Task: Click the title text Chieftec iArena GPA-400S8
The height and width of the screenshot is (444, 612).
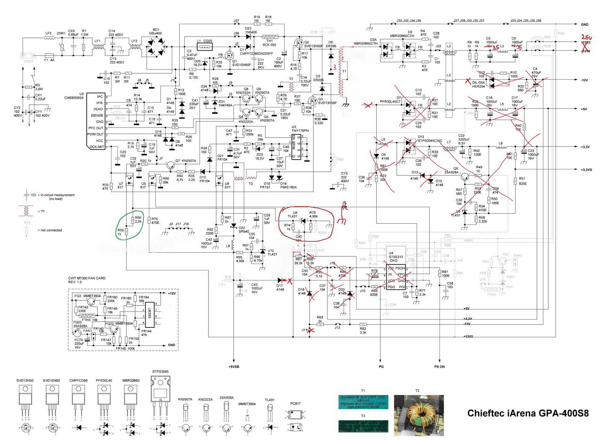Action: tap(528, 413)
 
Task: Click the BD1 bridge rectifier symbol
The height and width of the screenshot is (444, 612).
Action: tap(156, 47)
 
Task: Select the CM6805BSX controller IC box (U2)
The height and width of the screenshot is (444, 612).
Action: tap(96, 121)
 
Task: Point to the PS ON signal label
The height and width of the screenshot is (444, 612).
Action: tap(439, 366)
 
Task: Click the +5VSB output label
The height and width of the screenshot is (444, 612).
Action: tap(234, 366)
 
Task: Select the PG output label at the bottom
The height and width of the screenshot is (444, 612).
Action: tap(381, 366)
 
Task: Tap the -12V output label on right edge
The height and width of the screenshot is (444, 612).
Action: tap(584, 80)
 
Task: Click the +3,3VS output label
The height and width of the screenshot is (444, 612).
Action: tap(586, 170)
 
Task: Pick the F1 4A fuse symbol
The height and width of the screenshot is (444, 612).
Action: tap(49, 56)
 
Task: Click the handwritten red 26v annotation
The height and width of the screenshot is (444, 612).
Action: tap(586, 38)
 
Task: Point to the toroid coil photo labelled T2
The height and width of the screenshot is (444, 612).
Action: tap(419, 415)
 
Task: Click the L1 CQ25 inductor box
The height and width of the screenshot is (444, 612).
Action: tap(205, 47)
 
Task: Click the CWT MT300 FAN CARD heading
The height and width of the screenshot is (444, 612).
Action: tap(87, 278)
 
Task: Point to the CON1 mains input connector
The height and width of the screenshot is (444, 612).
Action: tap(28, 56)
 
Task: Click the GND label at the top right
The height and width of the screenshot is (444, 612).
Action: tap(585, 24)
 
